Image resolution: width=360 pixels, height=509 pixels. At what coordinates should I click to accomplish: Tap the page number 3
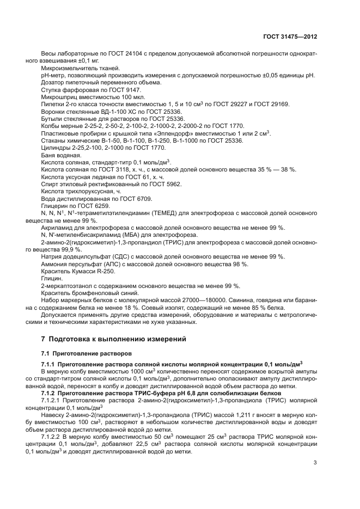(315, 463)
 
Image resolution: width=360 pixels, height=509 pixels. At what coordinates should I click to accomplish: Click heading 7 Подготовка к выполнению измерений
(114, 339)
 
